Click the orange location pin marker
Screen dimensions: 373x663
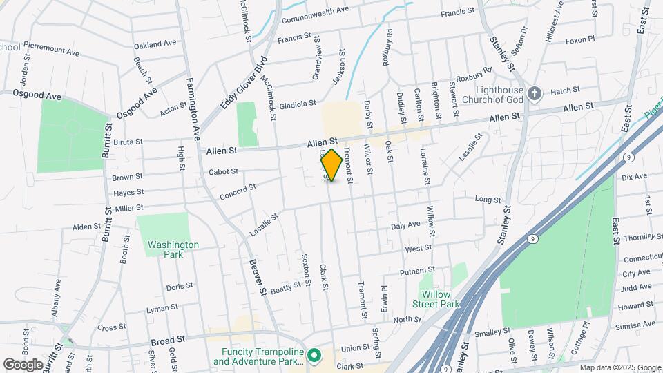point(331,164)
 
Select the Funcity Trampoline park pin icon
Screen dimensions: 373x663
point(314,356)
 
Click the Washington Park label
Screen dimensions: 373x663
point(173,249)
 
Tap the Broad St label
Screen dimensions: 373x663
point(169,341)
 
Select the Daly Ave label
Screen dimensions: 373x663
point(405,225)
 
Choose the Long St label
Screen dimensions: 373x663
point(488,200)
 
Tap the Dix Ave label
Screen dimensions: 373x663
point(634,178)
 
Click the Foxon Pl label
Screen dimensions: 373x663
point(580,40)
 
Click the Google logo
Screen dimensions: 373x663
point(23,364)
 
